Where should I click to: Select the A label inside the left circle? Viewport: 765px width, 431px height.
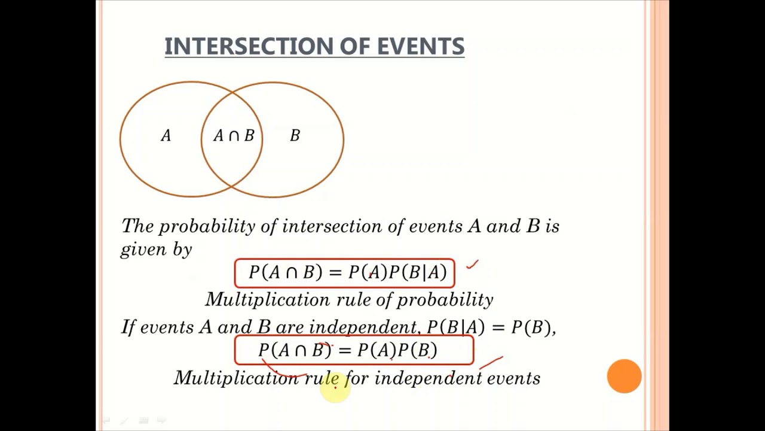166,136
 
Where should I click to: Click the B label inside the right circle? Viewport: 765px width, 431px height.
295,136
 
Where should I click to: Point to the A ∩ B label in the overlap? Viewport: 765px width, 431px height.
234,136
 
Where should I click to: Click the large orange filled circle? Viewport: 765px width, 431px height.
624,376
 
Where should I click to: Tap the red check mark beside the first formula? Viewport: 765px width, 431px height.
472,264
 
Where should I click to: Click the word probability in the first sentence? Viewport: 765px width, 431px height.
207,226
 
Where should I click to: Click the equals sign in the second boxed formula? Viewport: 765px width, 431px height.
344,350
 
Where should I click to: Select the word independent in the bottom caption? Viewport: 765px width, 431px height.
428,378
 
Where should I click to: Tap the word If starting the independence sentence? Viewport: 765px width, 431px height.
128,327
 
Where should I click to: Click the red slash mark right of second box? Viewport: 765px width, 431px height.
491,362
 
